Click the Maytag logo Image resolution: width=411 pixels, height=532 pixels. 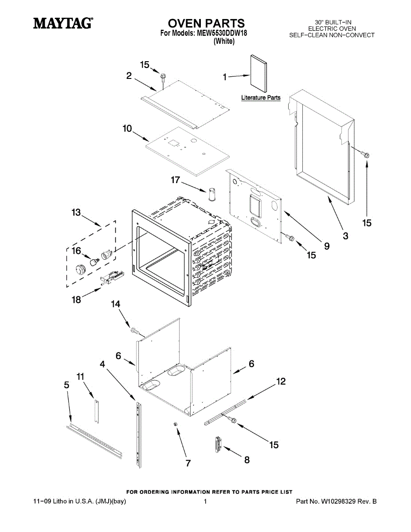63,23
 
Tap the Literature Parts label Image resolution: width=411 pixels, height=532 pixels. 261,98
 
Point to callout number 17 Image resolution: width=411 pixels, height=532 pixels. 176,180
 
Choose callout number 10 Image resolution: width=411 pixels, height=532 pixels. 127,129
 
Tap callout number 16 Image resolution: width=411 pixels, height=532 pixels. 76,251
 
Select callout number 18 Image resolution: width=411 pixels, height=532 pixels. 76,300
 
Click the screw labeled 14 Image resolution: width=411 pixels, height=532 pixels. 135,330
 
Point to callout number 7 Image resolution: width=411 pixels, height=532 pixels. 188,463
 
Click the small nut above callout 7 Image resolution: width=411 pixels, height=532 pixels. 176,425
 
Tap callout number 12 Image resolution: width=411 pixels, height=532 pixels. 281,381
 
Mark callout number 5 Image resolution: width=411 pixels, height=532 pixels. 67,385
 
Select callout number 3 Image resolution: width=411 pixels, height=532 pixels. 345,236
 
